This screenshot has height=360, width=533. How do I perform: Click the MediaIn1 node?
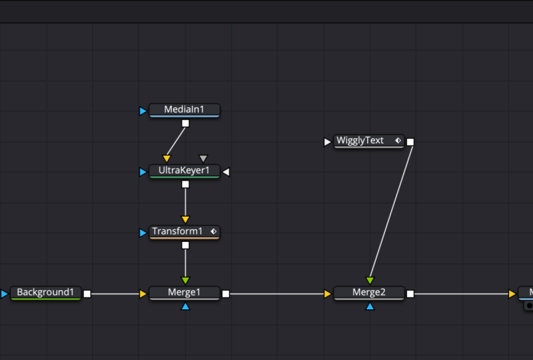[x=185, y=110]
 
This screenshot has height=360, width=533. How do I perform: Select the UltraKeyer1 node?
[x=185, y=171]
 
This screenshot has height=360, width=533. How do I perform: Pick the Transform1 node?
[x=185, y=232]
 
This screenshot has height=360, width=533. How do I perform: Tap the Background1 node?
[x=45, y=293]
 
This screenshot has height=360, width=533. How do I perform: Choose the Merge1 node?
[x=185, y=293]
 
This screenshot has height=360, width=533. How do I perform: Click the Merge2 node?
[x=369, y=293]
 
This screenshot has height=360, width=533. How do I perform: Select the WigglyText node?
[x=369, y=141]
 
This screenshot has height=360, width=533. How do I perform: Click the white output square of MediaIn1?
[x=185, y=123]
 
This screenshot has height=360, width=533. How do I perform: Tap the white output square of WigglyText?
[x=410, y=142]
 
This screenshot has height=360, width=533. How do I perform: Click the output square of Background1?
[x=87, y=293]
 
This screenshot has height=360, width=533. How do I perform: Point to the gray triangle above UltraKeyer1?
[x=203, y=158]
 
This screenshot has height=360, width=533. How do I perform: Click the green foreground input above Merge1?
[x=185, y=281]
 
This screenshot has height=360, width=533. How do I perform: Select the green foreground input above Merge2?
[x=370, y=281]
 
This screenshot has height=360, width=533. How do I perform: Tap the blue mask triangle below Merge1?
[x=185, y=307]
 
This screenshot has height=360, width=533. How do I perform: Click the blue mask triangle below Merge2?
[x=370, y=307]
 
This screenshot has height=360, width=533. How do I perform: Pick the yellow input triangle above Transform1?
[x=185, y=219]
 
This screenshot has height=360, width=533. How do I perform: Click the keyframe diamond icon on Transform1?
[x=213, y=231]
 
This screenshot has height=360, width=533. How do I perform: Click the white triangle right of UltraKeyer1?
[x=226, y=172]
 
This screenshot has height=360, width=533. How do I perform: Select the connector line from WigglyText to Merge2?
[x=391, y=211]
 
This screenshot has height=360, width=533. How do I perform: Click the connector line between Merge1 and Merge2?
[x=276, y=293]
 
